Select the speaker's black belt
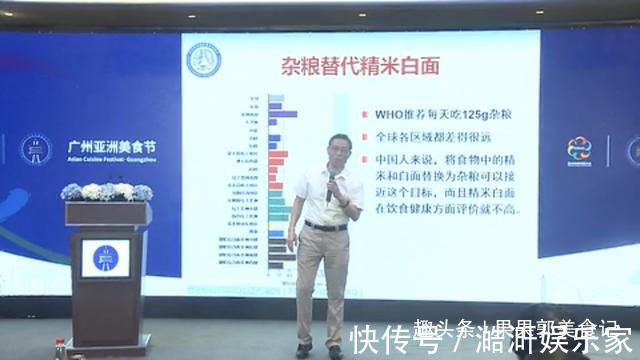coord(326,226)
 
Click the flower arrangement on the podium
coord(106,191)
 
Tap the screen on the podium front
coord(105,258)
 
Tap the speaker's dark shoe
coord(304,349)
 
